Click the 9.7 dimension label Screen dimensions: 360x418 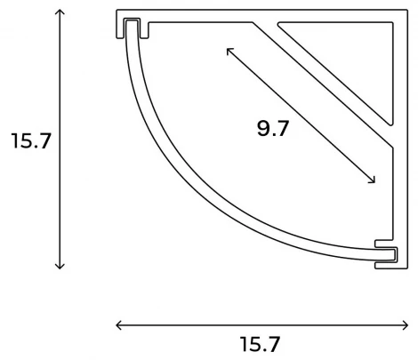point(273,129)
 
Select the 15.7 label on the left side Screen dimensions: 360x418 point(30,140)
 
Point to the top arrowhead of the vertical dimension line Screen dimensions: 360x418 point(60,12)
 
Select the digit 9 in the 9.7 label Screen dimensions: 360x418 point(264,129)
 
